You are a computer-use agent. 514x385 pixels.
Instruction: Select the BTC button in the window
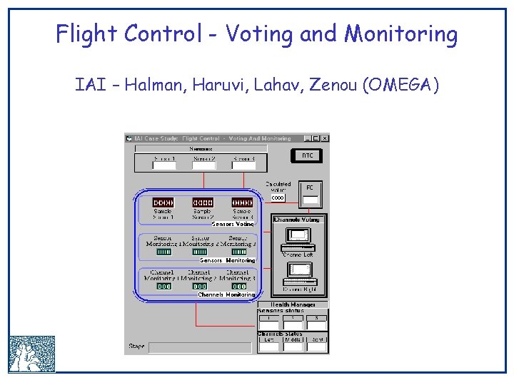[307, 155]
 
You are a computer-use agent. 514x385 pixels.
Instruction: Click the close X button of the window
[325, 138]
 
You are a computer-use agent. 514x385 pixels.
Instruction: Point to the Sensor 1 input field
[163, 165]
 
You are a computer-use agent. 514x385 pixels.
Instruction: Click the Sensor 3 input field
[243, 165]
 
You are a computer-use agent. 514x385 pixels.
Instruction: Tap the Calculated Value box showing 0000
[278, 197]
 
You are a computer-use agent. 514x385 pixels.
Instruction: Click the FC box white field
[311, 200]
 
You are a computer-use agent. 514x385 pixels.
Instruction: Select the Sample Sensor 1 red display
[163, 202]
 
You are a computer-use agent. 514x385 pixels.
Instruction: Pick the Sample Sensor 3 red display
[242, 202]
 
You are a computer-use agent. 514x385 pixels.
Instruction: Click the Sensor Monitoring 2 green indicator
[201, 251]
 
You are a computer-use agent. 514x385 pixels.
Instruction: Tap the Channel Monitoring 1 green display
[163, 286]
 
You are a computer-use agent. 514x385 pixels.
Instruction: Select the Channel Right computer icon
[300, 272]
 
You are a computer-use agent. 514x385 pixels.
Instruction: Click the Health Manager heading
[293, 304]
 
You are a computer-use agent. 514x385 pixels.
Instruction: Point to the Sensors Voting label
[233, 224]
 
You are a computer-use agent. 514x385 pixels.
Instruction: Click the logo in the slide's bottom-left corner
[31, 354]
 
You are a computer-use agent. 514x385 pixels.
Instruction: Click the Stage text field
[199, 347]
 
